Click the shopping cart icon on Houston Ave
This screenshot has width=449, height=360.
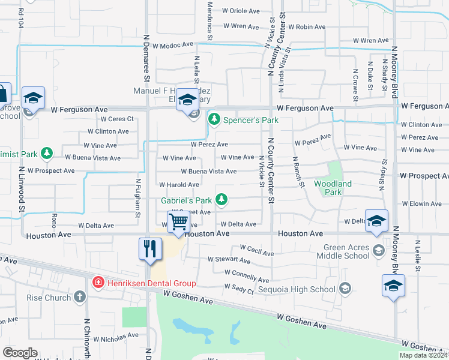[179, 223]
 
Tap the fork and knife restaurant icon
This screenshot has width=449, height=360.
[149, 248]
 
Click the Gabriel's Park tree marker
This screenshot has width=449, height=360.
[221, 199]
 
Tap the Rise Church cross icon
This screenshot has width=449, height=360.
[80, 298]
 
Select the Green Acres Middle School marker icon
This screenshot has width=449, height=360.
[378, 250]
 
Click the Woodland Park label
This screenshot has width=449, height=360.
[328, 187]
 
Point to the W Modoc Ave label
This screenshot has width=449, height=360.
[173, 45]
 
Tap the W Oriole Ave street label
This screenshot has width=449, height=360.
[241, 11]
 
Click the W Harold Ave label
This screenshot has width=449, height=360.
[179, 185]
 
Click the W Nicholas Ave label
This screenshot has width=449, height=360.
[116, 337]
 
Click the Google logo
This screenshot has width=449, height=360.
[20, 353]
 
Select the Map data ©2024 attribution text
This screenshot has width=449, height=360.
[423, 355]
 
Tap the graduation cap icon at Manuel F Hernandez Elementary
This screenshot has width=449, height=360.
[187, 100]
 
